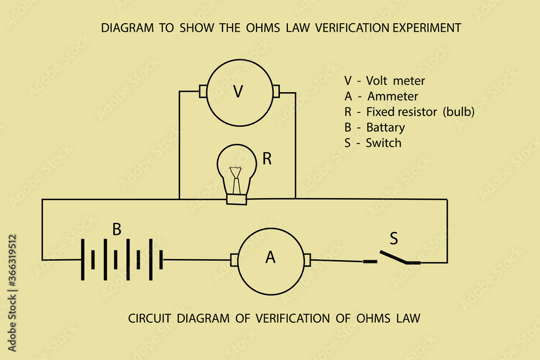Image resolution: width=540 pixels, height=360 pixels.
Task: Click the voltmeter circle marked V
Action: [x=238, y=92]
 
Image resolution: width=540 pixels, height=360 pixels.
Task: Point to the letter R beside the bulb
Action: [x=267, y=159]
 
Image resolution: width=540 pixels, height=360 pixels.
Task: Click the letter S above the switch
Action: [x=394, y=238]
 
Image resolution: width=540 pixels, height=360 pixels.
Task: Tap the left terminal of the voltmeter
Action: [x=203, y=92]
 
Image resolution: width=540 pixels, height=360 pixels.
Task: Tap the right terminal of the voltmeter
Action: [x=275, y=92]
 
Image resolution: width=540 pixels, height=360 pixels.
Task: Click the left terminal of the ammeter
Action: [x=234, y=260]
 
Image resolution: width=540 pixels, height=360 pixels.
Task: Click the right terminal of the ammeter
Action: [x=307, y=260]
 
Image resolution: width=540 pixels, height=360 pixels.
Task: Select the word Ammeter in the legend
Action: [x=393, y=97]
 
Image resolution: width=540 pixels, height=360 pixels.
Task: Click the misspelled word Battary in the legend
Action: [x=386, y=128]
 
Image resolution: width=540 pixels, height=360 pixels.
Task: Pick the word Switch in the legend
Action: [x=383, y=144]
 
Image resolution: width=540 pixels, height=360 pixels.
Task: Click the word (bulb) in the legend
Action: [x=458, y=112]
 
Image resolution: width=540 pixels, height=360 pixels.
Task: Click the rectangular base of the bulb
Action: [x=237, y=200]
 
